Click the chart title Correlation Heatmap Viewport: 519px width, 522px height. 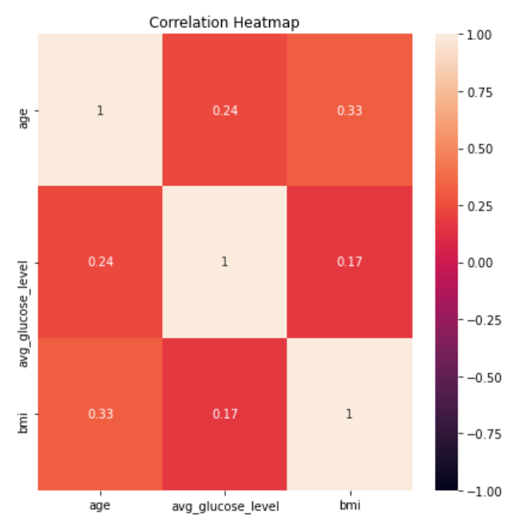tap(224, 22)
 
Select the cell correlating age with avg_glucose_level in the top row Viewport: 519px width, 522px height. tap(224, 110)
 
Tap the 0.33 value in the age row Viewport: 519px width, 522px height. tap(350, 110)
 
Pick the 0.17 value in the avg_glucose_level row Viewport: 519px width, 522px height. tap(350, 262)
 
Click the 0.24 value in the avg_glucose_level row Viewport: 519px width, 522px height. tap(100, 262)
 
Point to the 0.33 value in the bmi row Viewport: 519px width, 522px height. tap(100, 414)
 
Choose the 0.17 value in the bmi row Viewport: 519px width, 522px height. tap(224, 414)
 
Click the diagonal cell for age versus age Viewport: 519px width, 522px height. tap(100, 110)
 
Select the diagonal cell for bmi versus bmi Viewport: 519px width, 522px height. tap(350, 414)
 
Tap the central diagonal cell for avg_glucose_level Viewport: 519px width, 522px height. tap(224, 262)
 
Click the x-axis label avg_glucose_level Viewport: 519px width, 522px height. tap(224, 506)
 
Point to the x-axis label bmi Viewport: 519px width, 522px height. tap(350, 506)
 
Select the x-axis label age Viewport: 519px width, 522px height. tap(100, 506)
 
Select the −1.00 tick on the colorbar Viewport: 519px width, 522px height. tap(477, 490)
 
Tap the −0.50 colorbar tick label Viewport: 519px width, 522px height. tap(477, 377)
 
